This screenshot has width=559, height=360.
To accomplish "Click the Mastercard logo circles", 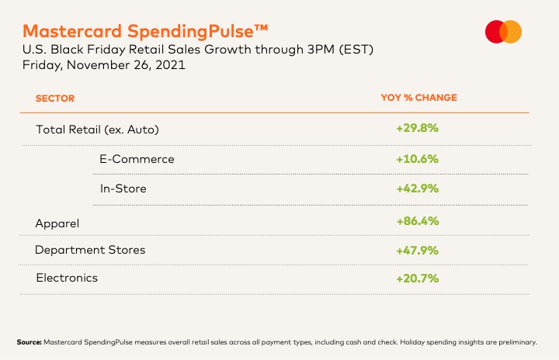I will (x=503, y=32).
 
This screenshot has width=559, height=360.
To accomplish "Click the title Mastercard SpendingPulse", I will (x=146, y=31).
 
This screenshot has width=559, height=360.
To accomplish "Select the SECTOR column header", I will (x=54, y=99).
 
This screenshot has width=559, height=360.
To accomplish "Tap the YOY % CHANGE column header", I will (x=418, y=98).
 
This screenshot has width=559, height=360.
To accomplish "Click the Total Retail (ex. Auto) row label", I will (x=101, y=129).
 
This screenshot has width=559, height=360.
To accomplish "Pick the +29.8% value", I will (x=418, y=128).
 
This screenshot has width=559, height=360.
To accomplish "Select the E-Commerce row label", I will (x=137, y=159).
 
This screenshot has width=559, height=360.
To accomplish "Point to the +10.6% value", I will (x=418, y=159).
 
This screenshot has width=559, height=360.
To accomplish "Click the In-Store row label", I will (x=123, y=189).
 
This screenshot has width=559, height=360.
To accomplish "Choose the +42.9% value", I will (x=418, y=189).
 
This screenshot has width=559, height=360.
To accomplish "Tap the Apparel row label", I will (x=57, y=223).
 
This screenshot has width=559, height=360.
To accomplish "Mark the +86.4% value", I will (x=418, y=221).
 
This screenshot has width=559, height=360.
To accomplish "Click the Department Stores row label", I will (x=90, y=250).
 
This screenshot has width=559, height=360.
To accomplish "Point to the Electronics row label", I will (x=68, y=277).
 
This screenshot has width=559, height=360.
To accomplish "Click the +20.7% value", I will (x=418, y=278).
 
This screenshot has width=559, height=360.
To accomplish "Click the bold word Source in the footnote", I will (x=29, y=341).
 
